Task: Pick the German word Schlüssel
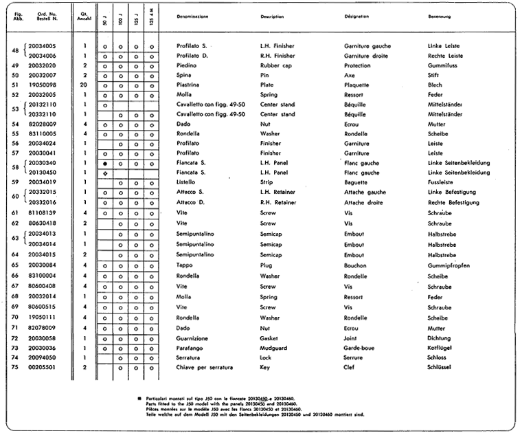click(x=441, y=368)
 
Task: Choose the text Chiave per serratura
click(x=205, y=368)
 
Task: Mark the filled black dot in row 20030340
click(x=104, y=163)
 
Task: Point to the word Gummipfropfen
click(x=449, y=265)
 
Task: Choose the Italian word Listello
click(x=188, y=183)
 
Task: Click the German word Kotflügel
click(x=441, y=348)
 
